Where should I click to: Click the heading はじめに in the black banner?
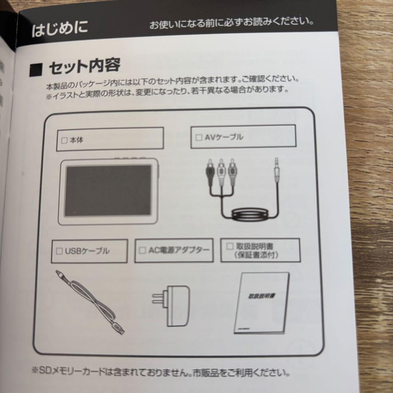60,29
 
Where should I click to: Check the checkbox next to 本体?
64,140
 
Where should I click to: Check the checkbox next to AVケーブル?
199,138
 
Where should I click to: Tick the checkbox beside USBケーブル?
60,251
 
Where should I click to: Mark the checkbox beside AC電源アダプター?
143,250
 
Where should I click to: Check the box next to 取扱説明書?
230,246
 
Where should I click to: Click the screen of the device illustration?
108,190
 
